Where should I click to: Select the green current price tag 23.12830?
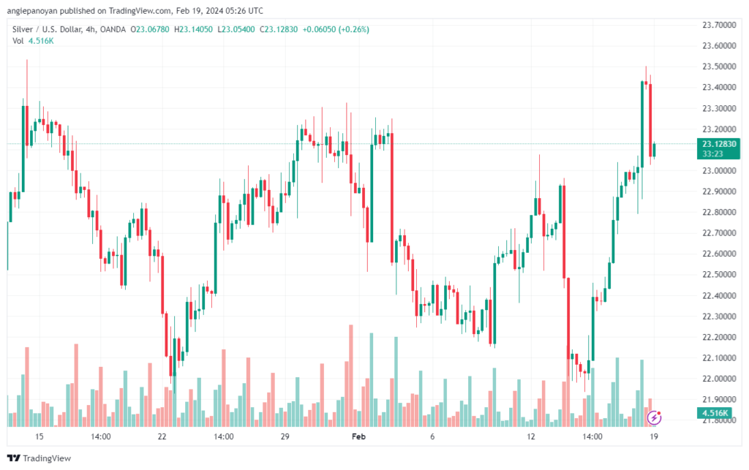point(718,143)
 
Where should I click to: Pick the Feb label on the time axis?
point(358,436)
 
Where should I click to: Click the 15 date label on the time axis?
point(39,436)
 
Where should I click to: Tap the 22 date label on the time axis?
point(162,436)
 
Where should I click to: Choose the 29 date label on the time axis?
point(285,436)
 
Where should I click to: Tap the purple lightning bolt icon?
point(655,417)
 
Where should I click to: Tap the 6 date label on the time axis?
point(432,436)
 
